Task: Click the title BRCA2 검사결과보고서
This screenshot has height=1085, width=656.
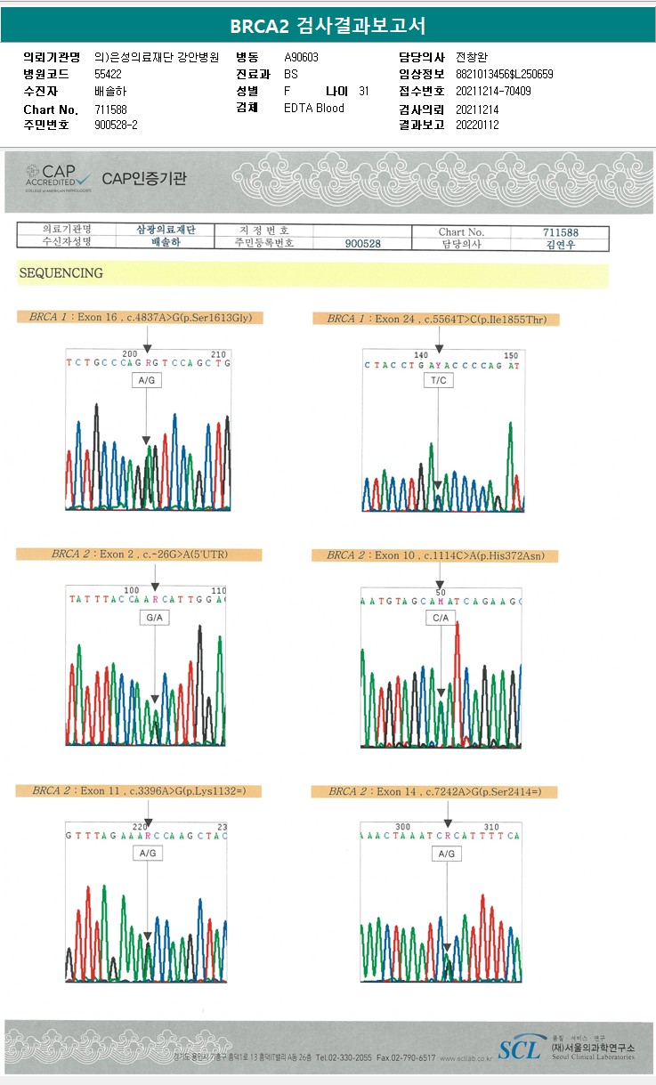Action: coord(328,25)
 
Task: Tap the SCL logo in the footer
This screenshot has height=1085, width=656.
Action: coord(519,1049)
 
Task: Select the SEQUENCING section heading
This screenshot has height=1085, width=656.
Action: coord(61,273)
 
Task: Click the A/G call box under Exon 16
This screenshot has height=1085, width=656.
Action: coord(147,380)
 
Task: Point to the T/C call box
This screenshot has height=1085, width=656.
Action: coord(438,380)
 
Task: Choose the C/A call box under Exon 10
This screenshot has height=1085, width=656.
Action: coord(440,617)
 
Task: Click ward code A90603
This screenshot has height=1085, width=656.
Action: coord(301,57)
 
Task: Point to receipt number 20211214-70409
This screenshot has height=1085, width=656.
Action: coord(493,91)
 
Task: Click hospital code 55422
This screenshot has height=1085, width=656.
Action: coord(108,74)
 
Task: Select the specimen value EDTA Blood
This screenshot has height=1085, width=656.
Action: coord(313,108)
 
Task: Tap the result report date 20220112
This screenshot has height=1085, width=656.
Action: coord(477,125)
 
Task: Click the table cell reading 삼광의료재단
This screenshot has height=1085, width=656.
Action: coord(166,230)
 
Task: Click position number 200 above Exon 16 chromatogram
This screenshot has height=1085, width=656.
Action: coord(130,352)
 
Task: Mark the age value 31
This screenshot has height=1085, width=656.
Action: coord(364,91)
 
